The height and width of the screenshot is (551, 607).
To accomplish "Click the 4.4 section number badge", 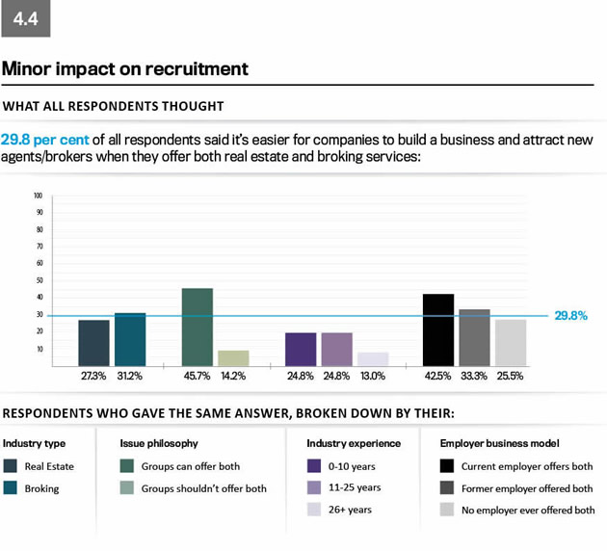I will pyautogui.click(x=26, y=18).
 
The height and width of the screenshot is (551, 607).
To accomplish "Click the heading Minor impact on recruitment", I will pyautogui.click(x=125, y=69).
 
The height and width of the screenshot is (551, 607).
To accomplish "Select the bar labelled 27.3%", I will pyautogui.click(x=93, y=343).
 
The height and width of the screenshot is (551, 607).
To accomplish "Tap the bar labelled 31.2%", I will pyautogui.click(x=130, y=339).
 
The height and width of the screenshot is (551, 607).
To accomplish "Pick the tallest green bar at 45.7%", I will pyautogui.click(x=197, y=328).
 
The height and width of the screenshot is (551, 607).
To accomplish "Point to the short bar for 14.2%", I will pyautogui.click(x=233, y=357).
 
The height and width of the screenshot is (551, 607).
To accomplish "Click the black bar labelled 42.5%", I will pyautogui.click(x=438, y=330).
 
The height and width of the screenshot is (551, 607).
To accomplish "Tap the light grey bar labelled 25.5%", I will pyautogui.click(x=511, y=343).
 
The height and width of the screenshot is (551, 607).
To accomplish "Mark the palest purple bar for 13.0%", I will pyautogui.click(x=373, y=358).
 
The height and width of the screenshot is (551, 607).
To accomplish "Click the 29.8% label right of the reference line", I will pyautogui.click(x=570, y=315).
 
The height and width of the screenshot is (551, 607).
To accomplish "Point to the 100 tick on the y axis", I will pyautogui.click(x=38, y=195).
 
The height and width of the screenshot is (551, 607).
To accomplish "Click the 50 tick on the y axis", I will pyautogui.click(x=39, y=280).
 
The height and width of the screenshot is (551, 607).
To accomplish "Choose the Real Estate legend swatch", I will pyautogui.click(x=12, y=466).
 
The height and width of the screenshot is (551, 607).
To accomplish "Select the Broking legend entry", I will pyautogui.click(x=41, y=488).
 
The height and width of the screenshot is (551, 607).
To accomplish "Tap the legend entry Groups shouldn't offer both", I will pyautogui.click(x=203, y=488).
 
